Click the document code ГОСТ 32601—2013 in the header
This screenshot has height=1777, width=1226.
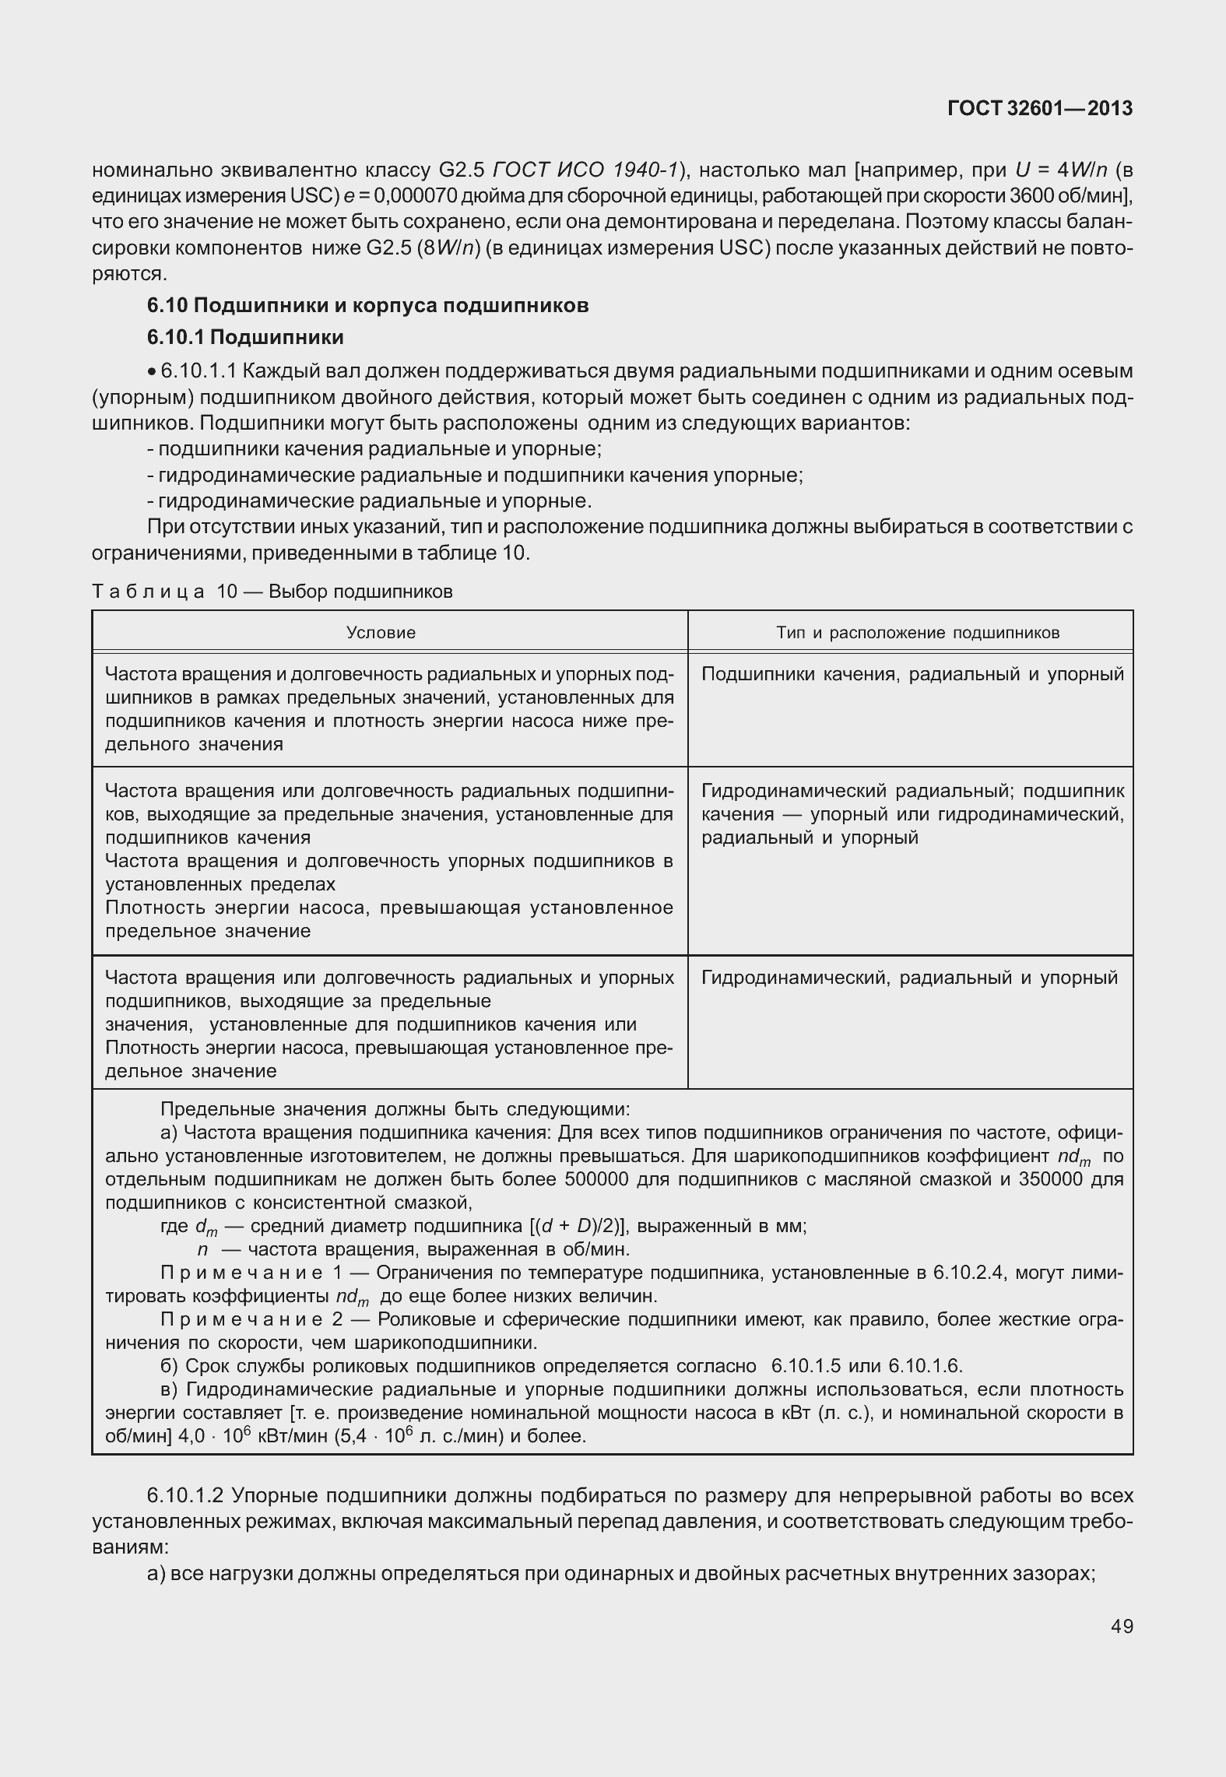[1039, 109]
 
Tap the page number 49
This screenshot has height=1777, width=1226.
[1122, 1626]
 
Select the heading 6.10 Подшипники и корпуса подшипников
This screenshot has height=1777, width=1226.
[367, 305]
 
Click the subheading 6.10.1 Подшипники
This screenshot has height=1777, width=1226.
[245, 337]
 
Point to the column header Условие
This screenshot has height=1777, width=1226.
[381, 632]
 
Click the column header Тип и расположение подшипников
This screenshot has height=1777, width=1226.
[917, 632]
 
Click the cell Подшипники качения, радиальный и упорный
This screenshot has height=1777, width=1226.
[912, 674]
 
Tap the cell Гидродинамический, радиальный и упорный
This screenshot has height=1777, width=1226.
[908, 978]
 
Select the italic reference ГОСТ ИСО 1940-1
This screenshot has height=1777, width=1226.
[587, 170]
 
